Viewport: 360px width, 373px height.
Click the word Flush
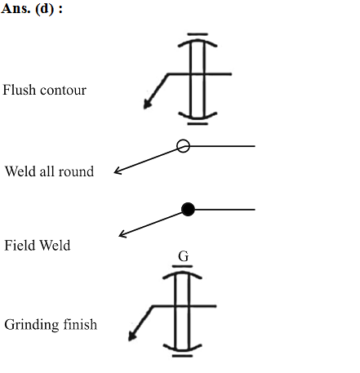[19, 90]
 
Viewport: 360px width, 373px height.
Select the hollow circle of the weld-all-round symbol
[183, 146]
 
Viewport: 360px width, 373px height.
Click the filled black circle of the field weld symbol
[188, 210]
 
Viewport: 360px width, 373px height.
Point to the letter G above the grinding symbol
[184, 256]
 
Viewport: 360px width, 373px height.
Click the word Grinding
[32, 325]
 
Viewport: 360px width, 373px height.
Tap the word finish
[80, 324]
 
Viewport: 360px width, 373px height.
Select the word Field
[20, 245]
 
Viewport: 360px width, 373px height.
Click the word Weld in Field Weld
[56, 245]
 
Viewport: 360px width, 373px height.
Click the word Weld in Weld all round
[20, 171]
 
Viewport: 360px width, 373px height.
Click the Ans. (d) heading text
[32, 9]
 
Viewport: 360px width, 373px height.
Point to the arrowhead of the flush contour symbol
[148, 104]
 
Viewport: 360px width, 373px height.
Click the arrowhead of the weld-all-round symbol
[118, 171]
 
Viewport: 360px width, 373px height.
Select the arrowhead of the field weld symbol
[122, 234]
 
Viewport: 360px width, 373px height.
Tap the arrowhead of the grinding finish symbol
[132, 335]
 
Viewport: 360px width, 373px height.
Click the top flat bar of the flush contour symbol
[198, 34]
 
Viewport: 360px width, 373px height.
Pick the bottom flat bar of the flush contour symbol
[198, 124]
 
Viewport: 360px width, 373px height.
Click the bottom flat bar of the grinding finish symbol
[182, 356]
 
